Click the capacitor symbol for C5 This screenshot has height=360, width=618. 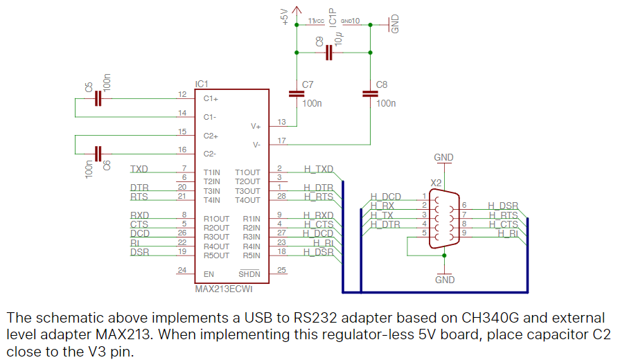(98, 99)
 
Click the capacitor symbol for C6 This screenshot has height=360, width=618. (98, 153)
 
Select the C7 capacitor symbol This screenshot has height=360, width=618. (297, 93)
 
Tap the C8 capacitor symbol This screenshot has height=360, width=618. (370, 93)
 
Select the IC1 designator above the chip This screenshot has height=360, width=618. (202, 84)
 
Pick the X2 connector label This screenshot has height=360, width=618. (436, 183)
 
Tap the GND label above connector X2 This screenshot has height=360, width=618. (443, 158)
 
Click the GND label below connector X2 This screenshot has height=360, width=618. (444, 280)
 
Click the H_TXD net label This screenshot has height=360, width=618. (319, 169)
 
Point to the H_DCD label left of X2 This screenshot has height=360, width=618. (385, 197)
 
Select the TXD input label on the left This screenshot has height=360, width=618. (139, 169)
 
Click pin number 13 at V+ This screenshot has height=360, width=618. (281, 122)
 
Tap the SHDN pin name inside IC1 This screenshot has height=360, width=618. (250, 273)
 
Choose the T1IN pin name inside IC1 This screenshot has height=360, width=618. (212, 172)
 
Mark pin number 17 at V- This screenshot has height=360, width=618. (281, 141)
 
